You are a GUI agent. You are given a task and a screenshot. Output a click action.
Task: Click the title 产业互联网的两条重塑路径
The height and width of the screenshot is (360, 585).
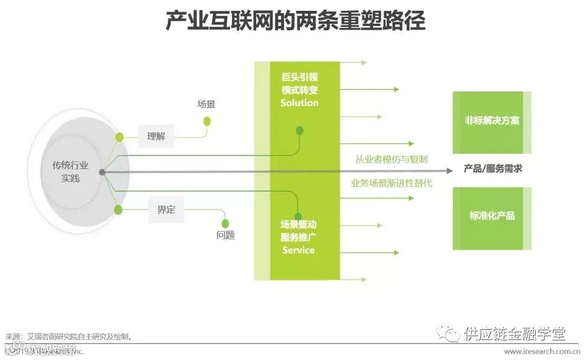(x=295, y=22)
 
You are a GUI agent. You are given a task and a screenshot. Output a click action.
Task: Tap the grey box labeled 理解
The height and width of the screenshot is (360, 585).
(x=156, y=136)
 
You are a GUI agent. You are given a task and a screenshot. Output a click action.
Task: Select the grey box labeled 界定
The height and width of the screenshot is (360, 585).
(x=166, y=210)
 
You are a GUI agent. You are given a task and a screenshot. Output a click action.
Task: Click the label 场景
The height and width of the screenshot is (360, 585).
(x=206, y=104)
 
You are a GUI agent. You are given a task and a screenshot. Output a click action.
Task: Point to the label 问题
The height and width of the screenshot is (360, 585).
(x=225, y=235)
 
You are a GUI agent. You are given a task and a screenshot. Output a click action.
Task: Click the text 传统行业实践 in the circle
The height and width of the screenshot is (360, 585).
(x=70, y=171)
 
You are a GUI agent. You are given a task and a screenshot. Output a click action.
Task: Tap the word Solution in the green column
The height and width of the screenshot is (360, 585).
(x=300, y=103)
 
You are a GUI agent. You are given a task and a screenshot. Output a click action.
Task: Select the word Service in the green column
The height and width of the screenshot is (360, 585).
(x=298, y=250)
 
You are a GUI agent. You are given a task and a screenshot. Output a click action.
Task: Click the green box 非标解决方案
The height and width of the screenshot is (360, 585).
(x=492, y=121)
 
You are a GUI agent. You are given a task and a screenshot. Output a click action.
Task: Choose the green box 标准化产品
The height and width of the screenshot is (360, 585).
(x=492, y=216)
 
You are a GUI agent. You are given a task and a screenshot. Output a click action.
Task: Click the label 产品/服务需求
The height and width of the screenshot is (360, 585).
(x=493, y=169)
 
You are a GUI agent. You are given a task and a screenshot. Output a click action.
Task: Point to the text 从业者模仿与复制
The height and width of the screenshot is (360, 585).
(x=391, y=159)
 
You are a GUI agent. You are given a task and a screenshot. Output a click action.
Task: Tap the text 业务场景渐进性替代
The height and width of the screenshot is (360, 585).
(x=391, y=183)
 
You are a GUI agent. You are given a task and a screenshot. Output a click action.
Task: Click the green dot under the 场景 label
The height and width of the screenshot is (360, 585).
(x=206, y=121)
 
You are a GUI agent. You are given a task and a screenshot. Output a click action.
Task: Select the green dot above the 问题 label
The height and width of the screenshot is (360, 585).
(x=225, y=223)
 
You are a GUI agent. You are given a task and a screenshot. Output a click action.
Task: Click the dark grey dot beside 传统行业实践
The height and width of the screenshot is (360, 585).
(x=102, y=172)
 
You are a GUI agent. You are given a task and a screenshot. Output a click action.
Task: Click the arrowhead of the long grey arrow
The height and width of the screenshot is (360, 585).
(x=450, y=171)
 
